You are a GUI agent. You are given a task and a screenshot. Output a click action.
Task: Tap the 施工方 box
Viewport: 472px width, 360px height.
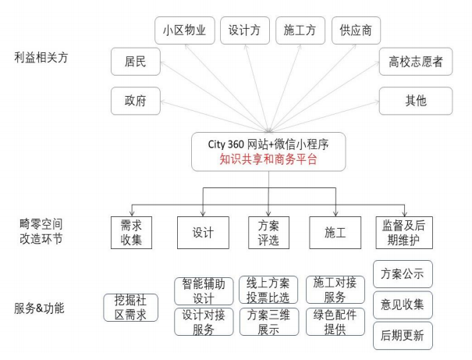300,31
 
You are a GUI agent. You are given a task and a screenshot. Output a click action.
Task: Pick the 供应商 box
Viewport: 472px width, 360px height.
355,31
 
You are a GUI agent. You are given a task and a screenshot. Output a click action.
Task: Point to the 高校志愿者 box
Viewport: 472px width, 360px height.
415,62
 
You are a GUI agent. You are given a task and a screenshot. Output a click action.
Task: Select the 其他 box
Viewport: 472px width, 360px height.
415,100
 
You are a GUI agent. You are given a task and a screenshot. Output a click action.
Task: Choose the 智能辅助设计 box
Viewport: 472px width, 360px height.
202,290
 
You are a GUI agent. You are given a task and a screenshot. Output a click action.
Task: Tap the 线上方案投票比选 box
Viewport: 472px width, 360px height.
268,290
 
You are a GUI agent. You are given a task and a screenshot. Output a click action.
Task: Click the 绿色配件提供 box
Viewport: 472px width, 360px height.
334,322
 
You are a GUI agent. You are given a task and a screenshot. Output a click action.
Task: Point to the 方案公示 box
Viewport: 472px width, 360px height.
403,274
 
